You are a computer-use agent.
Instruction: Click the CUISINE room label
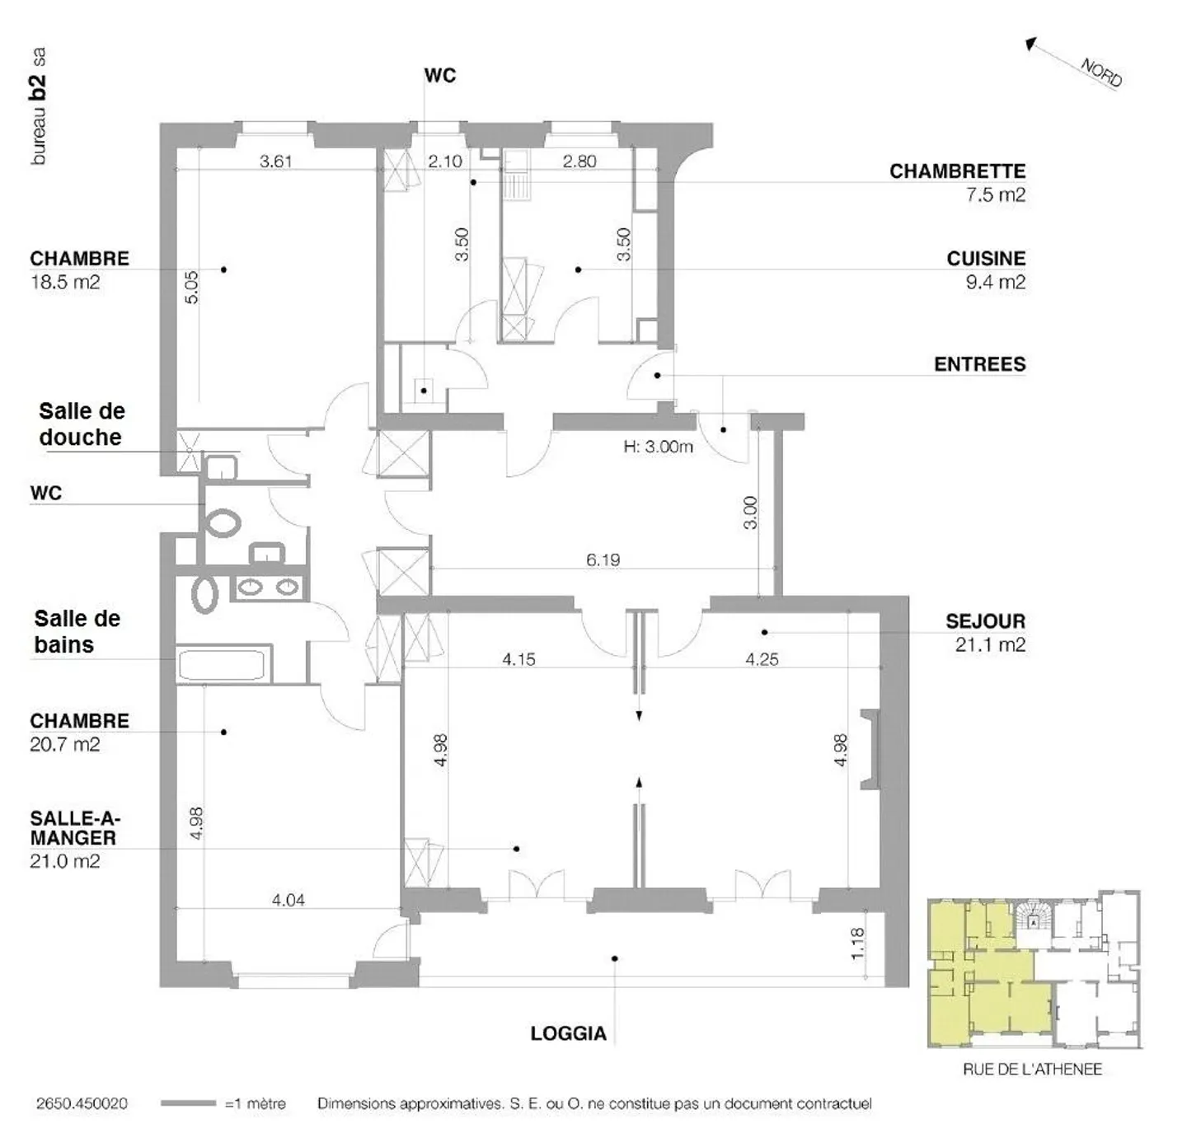[985, 259]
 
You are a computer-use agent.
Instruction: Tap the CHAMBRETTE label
[957, 171]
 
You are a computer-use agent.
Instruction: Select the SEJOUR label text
[985, 621]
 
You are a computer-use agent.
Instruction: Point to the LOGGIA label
[568, 1033]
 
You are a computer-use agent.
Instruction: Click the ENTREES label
[979, 364]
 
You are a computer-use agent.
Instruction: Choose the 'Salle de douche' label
[81, 424]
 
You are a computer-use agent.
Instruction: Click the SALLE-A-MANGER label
[74, 828]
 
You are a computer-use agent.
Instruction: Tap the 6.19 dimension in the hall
[603, 559]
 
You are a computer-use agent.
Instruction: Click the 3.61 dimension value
[275, 162]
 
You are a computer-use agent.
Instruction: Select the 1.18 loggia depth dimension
[857, 943]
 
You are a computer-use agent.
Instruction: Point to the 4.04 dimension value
[288, 900]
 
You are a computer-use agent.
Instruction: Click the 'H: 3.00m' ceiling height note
[658, 447]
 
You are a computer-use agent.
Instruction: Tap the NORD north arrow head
[1030, 44]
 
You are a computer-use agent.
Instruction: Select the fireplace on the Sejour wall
[869, 749]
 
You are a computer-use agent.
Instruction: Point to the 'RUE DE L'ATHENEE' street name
[1032, 1070]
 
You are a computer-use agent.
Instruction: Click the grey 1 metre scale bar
[188, 1103]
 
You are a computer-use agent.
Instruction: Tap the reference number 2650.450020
[82, 1103]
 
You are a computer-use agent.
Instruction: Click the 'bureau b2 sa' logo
[38, 106]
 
